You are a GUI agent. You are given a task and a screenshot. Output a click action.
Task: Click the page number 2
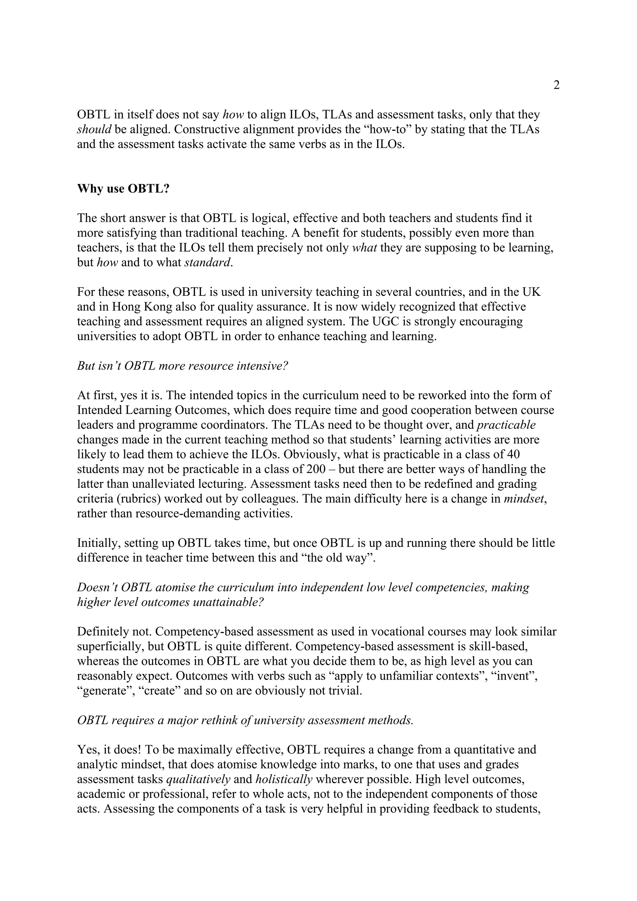click(x=556, y=85)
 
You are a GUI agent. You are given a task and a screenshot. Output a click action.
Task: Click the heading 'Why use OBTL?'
click(x=123, y=188)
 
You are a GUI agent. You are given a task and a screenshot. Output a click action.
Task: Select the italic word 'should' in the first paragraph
click(x=94, y=129)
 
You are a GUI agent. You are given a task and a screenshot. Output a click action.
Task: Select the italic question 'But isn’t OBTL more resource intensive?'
click(x=183, y=366)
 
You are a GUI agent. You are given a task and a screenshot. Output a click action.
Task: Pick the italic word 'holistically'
click(x=284, y=780)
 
